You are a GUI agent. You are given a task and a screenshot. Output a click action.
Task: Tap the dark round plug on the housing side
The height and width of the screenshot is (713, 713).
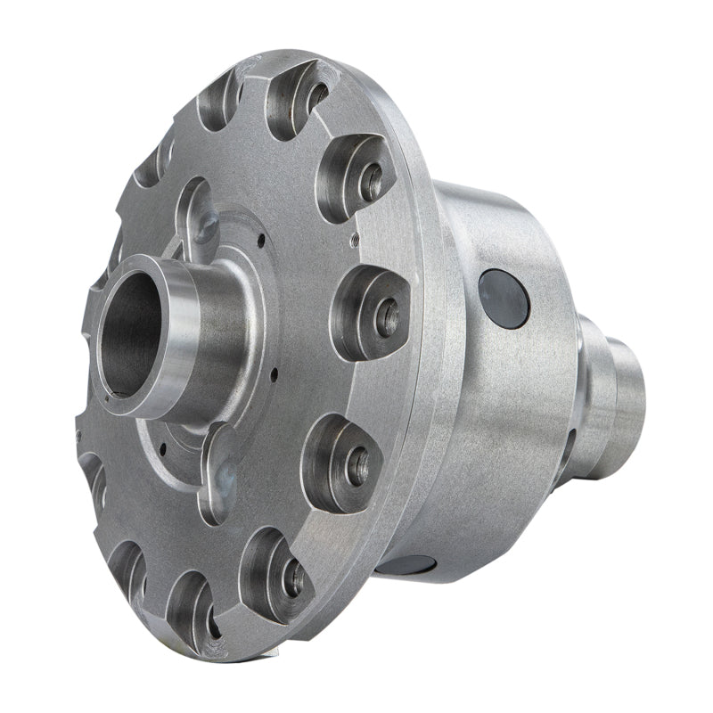coord(504,299)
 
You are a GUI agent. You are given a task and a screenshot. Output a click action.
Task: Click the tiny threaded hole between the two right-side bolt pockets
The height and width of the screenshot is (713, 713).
coord(354,239)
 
